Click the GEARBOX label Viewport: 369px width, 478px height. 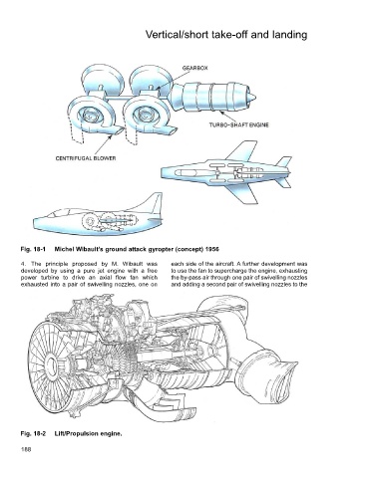click(x=194, y=68)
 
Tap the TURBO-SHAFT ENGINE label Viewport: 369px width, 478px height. click(x=238, y=125)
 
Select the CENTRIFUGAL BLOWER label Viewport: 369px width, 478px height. click(x=86, y=158)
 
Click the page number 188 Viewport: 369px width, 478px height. click(x=26, y=449)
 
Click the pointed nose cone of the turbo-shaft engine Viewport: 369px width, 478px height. click(x=252, y=97)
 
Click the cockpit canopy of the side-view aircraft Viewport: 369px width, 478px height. click(x=63, y=212)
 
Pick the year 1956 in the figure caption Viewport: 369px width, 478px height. click(x=212, y=249)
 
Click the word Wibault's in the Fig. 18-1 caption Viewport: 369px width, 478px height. click(x=86, y=249)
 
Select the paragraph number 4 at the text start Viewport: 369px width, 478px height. click(x=22, y=264)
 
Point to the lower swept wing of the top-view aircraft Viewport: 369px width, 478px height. click(x=243, y=193)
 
